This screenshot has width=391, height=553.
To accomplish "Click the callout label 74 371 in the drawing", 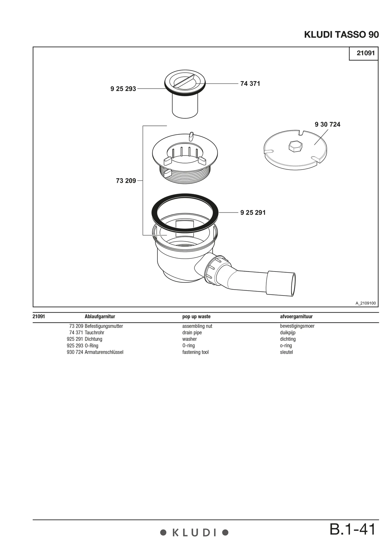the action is (250, 84).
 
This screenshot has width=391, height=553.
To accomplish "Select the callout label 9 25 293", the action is (123, 89).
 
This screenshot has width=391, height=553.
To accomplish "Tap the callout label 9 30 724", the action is (328, 124).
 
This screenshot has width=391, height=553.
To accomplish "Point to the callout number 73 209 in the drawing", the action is (126, 181).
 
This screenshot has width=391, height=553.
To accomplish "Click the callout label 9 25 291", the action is (253, 213).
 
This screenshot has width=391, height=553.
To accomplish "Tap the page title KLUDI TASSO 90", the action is (341, 35).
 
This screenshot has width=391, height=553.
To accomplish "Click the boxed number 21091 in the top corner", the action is (366, 53).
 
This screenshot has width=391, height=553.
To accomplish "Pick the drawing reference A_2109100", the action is (366, 303).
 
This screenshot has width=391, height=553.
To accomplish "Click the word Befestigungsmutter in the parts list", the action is (104, 326).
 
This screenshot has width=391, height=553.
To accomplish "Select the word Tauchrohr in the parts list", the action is (94, 332).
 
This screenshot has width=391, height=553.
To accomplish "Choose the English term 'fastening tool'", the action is (195, 352).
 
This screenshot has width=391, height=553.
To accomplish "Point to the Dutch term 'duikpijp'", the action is (288, 333).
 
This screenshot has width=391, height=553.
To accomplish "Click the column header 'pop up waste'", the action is (196, 316).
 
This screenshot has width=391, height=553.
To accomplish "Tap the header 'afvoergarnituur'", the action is (296, 316).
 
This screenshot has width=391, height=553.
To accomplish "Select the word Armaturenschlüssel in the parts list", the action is (104, 352).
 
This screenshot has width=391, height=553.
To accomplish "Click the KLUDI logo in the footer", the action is (194, 533).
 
